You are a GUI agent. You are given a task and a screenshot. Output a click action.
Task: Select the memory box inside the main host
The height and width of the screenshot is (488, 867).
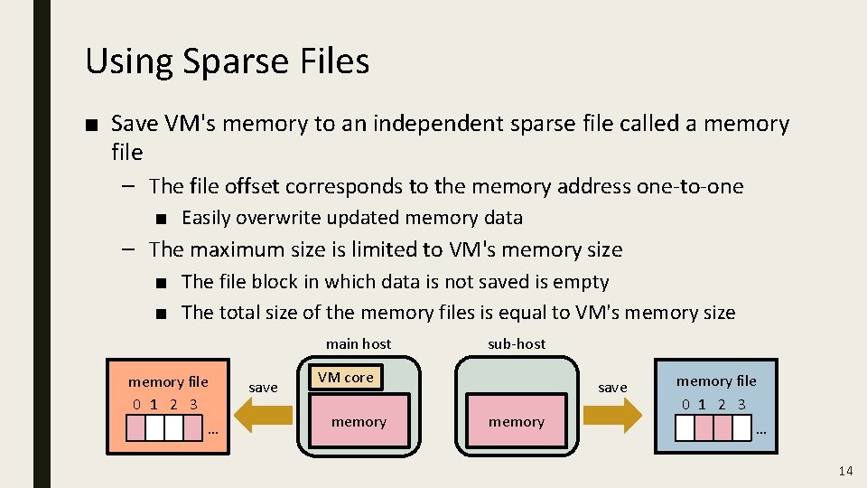[x=359, y=421]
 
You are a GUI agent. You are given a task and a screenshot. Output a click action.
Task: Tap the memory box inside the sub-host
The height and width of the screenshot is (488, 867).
[x=516, y=421]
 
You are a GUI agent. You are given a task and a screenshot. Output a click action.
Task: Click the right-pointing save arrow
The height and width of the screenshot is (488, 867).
[x=613, y=415]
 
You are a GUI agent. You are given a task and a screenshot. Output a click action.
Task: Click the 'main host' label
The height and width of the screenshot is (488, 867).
[x=359, y=343]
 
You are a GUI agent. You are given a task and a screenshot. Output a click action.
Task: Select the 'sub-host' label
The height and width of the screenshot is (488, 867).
[x=516, y=343]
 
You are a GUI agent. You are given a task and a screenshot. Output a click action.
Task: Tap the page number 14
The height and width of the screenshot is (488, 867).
[x=845, y=470]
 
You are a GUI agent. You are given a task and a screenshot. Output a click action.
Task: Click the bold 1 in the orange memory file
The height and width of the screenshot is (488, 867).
[x=154, y=404]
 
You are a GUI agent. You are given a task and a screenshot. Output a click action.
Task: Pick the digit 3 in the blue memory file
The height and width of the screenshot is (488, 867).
[x=741, y=404]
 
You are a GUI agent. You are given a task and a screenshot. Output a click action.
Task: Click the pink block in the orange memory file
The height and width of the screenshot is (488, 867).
[x=136, y=427]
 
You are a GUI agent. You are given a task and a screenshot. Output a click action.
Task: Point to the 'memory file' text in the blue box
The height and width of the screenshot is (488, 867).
[x=716, y=380]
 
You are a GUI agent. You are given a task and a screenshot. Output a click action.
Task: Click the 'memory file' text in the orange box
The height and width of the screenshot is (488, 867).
[x=168, y=381]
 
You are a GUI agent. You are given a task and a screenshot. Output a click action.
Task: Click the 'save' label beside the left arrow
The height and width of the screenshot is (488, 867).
[x=263, y=387]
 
